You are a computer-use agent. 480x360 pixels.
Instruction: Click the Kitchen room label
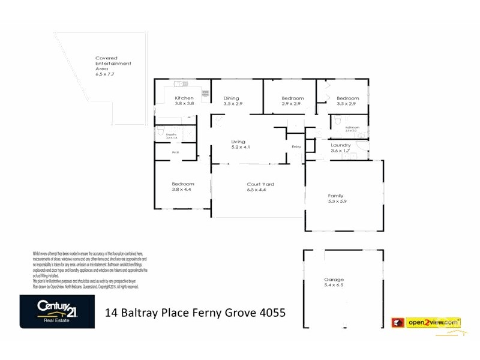point(184,98)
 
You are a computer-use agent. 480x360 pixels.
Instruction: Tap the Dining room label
point(232,98)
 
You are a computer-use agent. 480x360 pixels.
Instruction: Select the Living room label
point(239,142)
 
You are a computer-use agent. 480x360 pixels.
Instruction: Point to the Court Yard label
point(260,184)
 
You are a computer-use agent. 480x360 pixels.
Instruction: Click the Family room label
point(335,196)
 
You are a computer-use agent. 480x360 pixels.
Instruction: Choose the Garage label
point(334,280)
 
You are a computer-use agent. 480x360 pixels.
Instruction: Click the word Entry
point(296,147)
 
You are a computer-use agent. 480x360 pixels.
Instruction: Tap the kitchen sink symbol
point(179,84)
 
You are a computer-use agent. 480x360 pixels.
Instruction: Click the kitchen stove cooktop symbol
point(205,93)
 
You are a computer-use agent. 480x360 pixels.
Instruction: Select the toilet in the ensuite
point(160,131)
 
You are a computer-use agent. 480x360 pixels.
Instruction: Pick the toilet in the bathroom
point(336,119)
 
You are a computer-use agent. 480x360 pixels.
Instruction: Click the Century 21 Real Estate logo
point(57,311)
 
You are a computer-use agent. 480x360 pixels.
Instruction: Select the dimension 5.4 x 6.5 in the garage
point(334,286)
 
